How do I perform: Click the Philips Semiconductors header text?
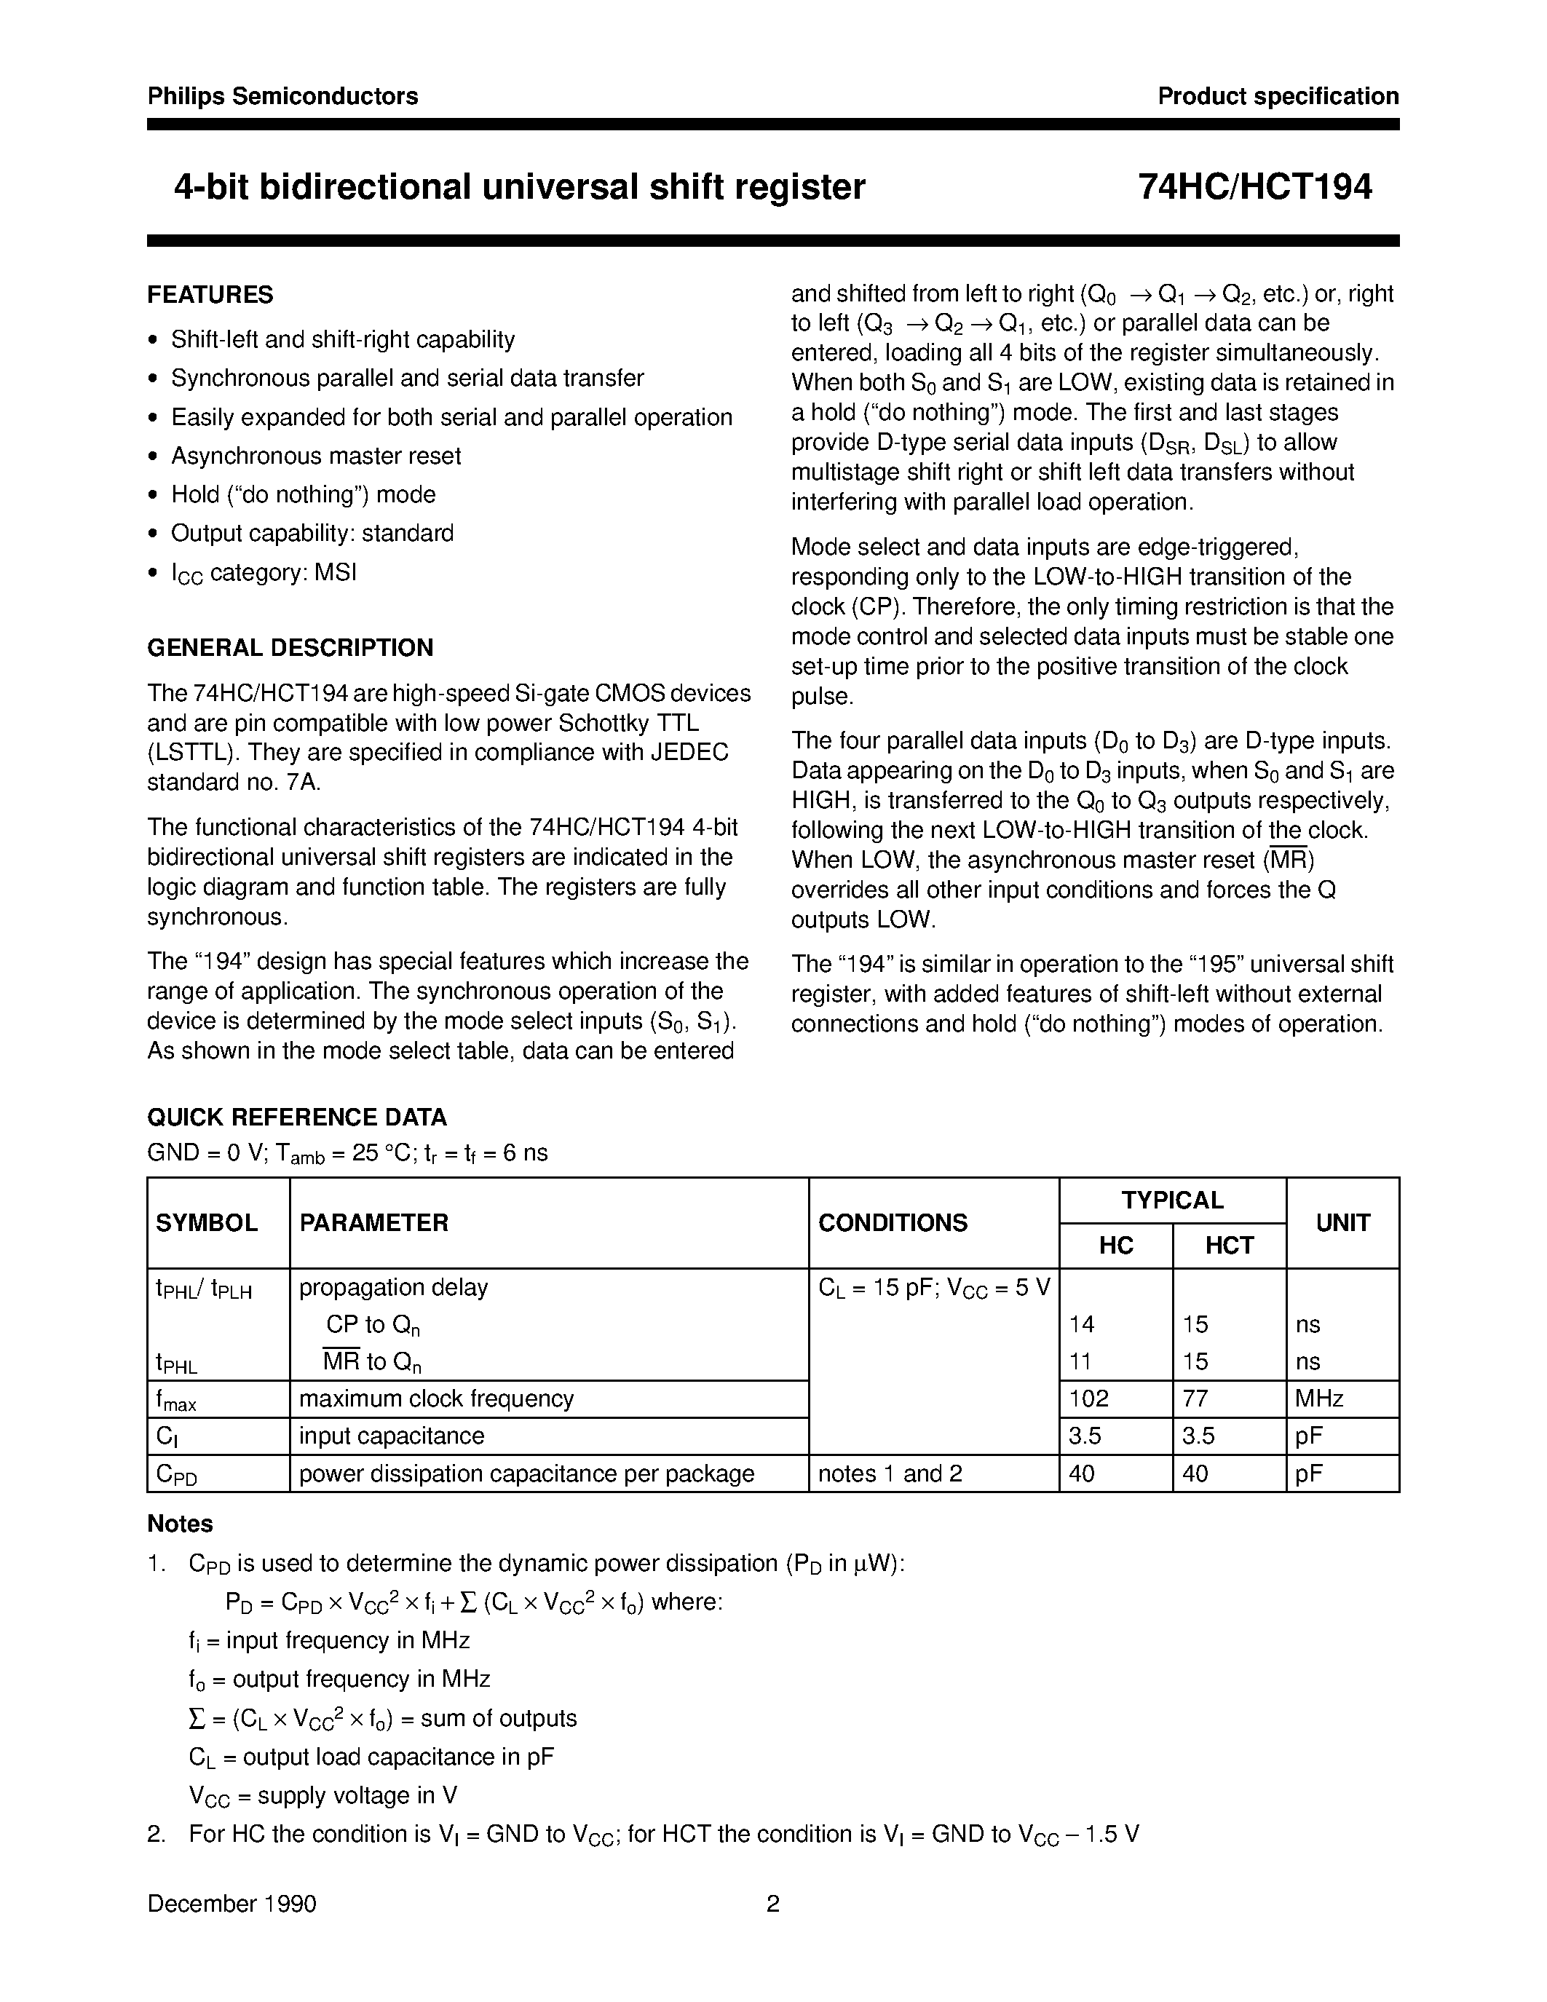282,96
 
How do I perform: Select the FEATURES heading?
210,295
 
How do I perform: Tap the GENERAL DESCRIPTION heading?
290,648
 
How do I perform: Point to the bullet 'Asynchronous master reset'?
315,456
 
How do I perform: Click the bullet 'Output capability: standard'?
312,533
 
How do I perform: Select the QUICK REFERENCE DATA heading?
297,1117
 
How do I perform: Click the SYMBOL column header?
207,1223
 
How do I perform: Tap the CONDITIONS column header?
892,1223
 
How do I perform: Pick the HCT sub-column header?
1228,1246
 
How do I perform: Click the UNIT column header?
1342,1223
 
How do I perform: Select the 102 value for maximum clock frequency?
1089,1398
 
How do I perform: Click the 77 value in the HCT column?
1195,1398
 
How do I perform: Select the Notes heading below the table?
180,1524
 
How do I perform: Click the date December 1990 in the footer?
232,1904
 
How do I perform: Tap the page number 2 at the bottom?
772,1904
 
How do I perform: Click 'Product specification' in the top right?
1278,96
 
